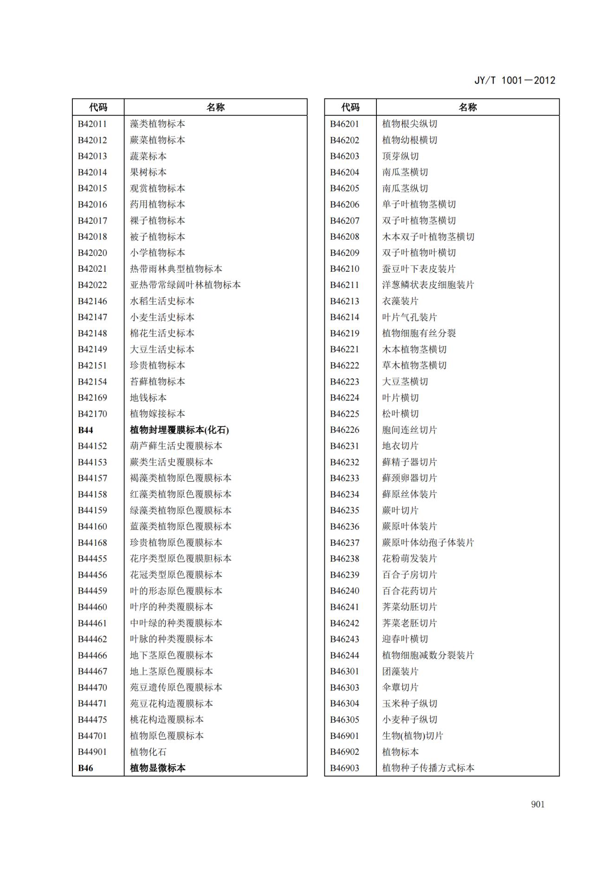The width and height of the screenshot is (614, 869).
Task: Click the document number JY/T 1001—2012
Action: (514, 80)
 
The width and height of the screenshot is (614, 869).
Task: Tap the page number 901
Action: (537, 804)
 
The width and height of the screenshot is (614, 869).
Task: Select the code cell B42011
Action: (92, 124)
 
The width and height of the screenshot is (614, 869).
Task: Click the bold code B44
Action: (85, 430)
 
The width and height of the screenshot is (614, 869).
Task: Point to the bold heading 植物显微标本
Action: (157, 768)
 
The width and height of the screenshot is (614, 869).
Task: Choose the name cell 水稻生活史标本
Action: (162, 301)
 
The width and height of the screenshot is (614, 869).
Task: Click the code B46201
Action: (344, 124)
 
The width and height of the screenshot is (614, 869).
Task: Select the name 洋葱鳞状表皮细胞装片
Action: (427, 285)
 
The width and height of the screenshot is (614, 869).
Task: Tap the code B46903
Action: (344, 768)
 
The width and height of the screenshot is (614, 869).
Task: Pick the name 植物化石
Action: (148, 752)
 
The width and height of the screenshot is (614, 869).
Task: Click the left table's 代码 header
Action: (98, 107)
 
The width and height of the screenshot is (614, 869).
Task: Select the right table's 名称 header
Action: (467, 107)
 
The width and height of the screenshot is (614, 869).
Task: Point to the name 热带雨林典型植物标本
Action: (176, 269)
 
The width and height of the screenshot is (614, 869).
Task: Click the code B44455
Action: (92, 559)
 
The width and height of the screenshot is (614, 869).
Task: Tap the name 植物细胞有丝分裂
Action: (419, 333)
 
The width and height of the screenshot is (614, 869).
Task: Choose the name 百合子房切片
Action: (409, 575)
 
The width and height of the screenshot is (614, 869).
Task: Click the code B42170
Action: (92, 414)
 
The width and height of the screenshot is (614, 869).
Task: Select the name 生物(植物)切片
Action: (413, 736)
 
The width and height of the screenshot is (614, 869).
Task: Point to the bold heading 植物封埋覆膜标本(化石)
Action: (179, 430)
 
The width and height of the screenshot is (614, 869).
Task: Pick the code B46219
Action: (344, 333)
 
